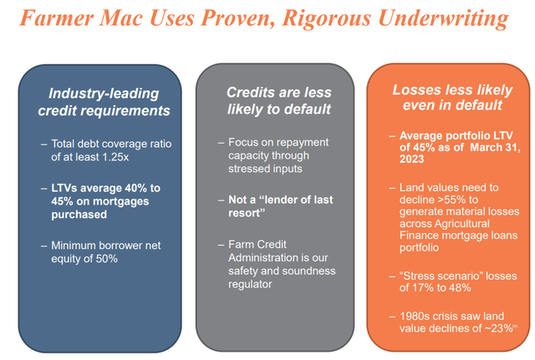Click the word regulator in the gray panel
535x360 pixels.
click(250, 284)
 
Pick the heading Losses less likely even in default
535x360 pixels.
click(449, 98)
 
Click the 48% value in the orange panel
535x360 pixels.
click(463, 287)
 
